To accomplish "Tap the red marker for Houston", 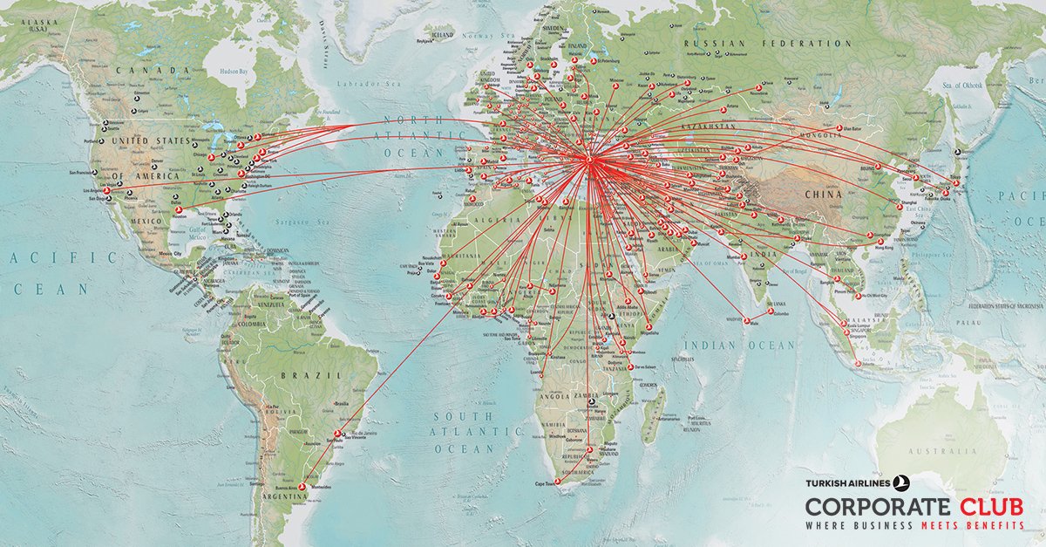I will click(x=179, y=209).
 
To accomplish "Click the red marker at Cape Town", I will click(x=557, y=481).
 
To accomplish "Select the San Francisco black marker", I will click(x=91, y=174).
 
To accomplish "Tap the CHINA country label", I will click(x=823, y=195).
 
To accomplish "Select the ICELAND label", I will click(x=443, y=34).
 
